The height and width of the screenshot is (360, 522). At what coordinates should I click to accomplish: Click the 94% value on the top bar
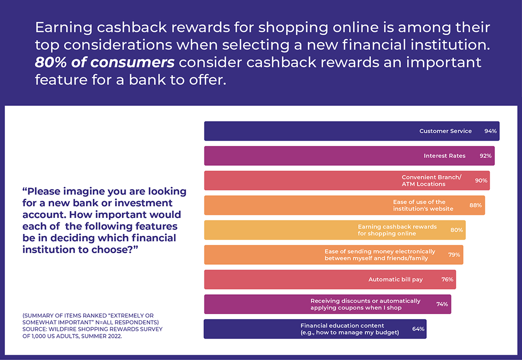490,131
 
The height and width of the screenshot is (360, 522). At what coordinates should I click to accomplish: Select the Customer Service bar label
445,131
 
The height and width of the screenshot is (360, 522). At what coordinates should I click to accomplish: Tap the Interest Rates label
444,156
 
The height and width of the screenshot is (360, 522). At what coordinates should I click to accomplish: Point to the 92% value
485,156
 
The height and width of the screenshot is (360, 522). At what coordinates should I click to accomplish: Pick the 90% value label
480,180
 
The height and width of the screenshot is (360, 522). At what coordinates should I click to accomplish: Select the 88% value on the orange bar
476,205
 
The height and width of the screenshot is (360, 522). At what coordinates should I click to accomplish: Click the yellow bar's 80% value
456,230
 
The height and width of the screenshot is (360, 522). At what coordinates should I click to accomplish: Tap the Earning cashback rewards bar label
397,230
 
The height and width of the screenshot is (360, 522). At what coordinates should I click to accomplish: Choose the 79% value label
454,255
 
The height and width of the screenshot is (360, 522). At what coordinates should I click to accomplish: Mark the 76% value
447,279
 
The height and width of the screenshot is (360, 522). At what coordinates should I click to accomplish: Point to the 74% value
442,304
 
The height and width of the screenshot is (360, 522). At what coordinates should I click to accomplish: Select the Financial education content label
349,329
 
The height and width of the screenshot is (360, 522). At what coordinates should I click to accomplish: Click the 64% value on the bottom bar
418,329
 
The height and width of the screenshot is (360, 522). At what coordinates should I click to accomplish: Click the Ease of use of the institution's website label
423,205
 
